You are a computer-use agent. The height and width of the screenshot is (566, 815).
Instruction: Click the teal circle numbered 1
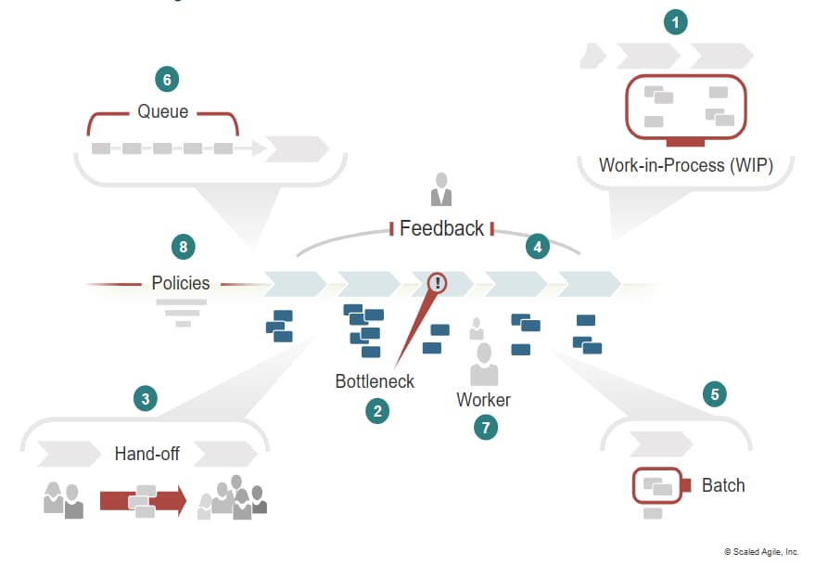676,22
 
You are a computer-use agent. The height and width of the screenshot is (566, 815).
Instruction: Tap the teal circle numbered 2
376,411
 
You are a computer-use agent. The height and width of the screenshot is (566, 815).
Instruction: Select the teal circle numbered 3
145,400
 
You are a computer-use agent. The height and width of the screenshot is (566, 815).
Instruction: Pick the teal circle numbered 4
537,247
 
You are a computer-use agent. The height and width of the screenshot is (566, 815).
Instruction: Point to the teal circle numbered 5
714,394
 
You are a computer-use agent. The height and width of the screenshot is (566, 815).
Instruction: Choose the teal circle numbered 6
167,79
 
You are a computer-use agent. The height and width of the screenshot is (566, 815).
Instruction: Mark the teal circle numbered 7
484,428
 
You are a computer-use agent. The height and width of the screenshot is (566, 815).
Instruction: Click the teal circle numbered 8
184,247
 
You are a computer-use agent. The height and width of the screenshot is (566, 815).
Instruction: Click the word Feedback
441,228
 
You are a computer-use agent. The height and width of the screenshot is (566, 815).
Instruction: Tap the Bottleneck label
375,381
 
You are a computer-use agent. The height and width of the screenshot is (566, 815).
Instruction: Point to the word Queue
163,112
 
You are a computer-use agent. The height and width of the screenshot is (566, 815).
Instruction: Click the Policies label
181,283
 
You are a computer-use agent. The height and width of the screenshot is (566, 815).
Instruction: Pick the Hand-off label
147,454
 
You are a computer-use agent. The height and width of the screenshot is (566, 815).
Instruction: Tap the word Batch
723,485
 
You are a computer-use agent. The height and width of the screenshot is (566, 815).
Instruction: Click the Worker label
483,400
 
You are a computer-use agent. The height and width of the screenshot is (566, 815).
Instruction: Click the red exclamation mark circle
437,282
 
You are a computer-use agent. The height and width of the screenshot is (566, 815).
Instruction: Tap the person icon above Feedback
441,189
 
